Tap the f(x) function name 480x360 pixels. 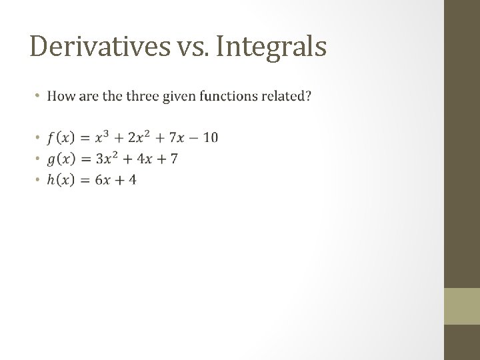[x=61, y=138]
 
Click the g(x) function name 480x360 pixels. [x=61, y=159]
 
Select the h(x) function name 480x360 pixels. [x=61, y=179]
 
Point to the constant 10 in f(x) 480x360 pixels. [x=210, y=138]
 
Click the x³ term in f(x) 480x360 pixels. [x=101, y=137]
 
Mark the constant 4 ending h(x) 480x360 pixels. [x=131, y=179]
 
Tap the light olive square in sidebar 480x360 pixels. [x=461, y=306]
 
